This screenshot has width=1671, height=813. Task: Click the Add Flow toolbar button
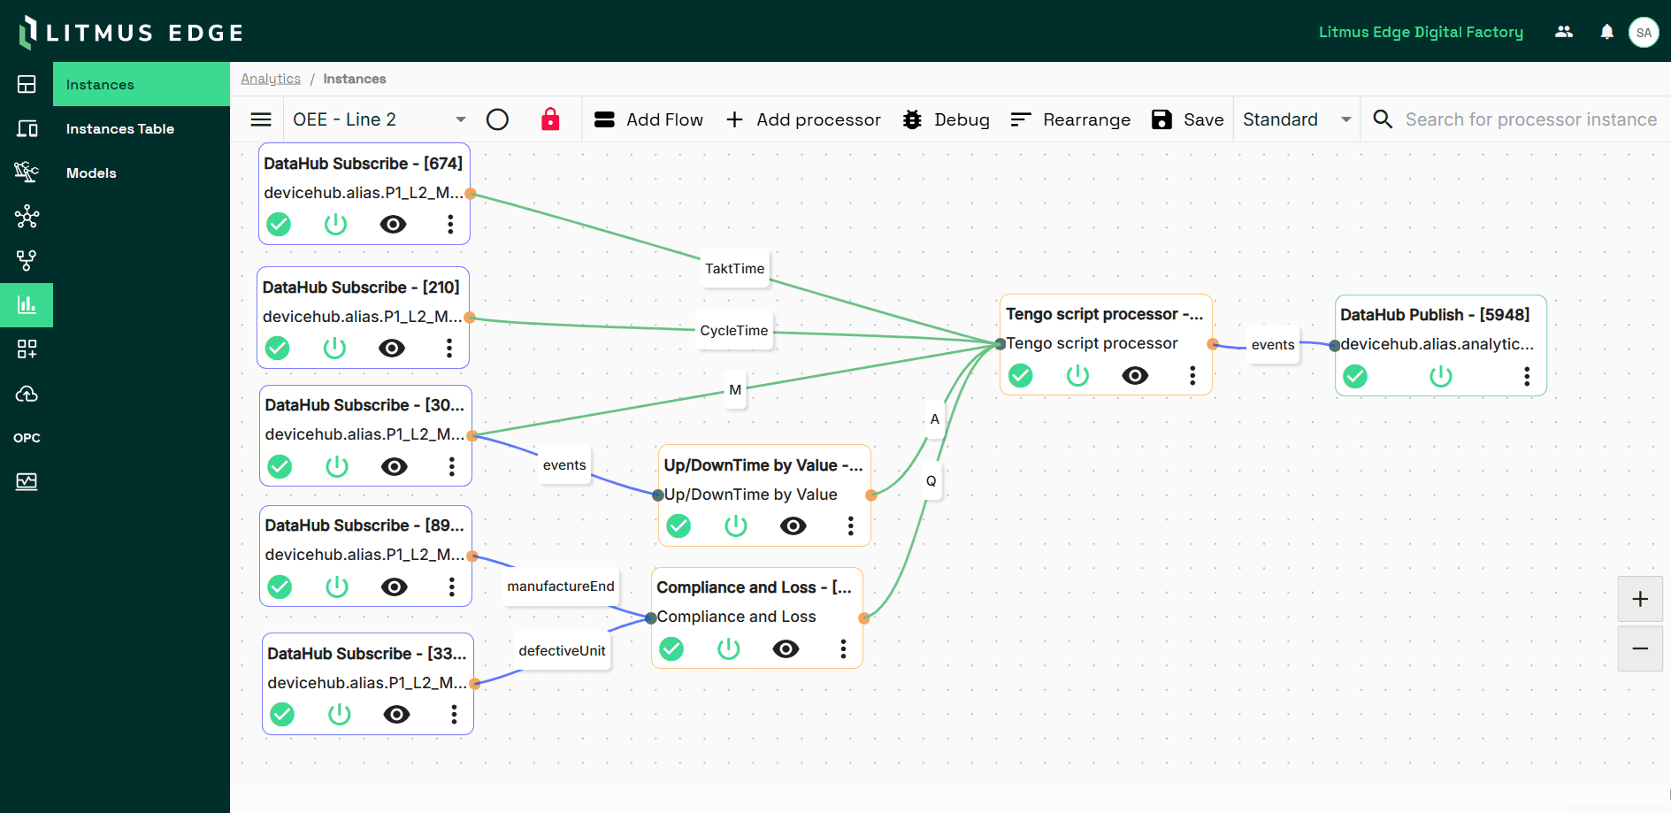pos(648,119)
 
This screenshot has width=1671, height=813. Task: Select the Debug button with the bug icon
pos(946,119)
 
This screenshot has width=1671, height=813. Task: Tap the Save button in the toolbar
pos(1188,119)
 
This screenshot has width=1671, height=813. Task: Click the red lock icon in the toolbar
pos(550,119)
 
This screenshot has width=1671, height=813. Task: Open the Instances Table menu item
pos(120,129)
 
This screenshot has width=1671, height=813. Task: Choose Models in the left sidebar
pos(91,173)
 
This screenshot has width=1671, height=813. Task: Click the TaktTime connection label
pos(734,269)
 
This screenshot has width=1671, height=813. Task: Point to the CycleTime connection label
pos(733,331)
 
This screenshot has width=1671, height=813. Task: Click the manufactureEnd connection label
pos(560,587)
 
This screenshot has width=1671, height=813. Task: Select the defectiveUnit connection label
pos(562,651)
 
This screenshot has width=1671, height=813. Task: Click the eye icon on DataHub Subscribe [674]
pos(393,225)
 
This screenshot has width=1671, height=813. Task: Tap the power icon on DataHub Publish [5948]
pos(1440,377)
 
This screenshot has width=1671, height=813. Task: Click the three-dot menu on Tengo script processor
pos(1192,376)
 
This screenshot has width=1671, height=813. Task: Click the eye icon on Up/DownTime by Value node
pos(793,526)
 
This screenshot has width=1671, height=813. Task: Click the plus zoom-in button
pos(1639,599)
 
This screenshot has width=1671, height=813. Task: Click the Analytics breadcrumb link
pos(271,79)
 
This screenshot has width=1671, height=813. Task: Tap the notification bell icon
pos(1606,32)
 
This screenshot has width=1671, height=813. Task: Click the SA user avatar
pos(1643,32)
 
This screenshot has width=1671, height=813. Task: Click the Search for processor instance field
pos(1530,119)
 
